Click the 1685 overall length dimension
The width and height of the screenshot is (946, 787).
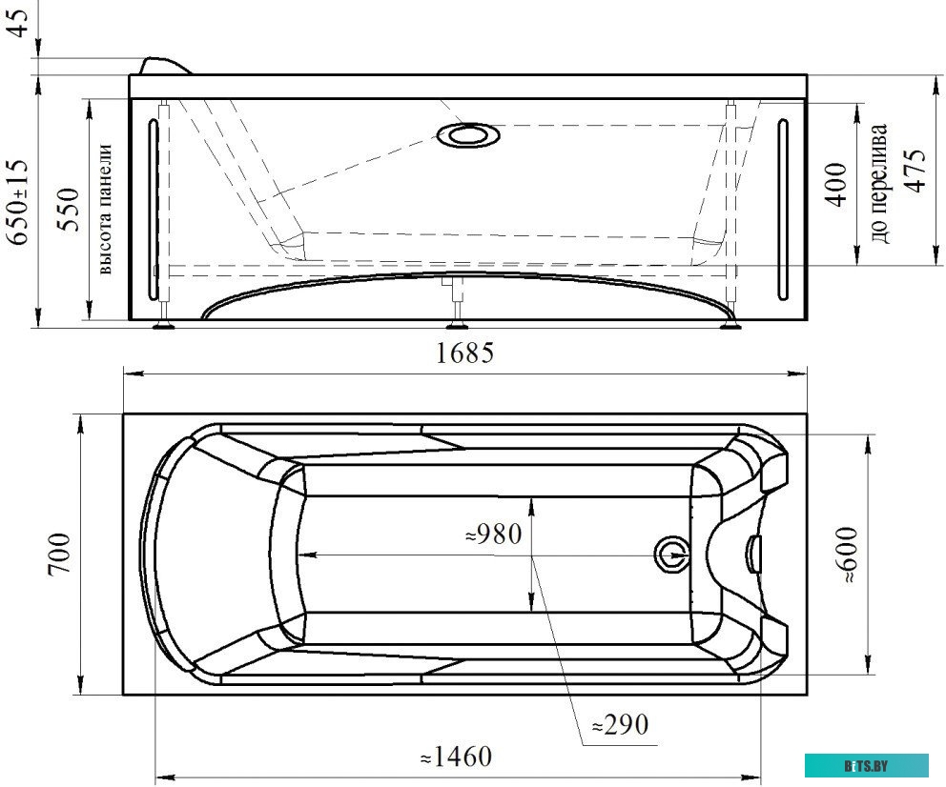(464, 353)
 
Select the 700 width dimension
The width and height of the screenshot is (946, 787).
(61, 555)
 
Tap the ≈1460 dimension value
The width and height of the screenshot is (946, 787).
(456, 757)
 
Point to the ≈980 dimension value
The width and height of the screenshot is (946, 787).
(494, 534)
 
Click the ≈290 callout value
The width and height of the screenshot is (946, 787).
(620, 724)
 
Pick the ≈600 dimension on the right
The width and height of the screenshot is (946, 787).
(849, 555)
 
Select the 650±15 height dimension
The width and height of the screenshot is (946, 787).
(19, 202)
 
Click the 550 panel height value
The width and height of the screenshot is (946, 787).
(68, 209)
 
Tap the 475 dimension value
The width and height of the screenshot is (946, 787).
(915, 171)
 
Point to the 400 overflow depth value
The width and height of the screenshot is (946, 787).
(836, 184)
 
